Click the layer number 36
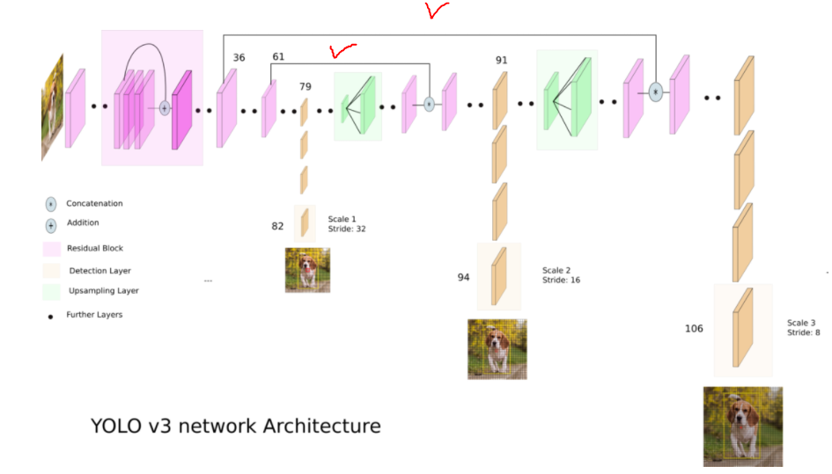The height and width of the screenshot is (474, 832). pos(239,58)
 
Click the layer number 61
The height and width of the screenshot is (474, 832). pos(278,57)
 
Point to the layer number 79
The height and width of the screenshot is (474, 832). pos(306,86)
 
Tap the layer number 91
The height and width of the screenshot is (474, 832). pos(501,60)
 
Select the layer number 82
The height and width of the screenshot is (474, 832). pos(278,226)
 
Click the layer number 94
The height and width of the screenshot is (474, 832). pos(463,277)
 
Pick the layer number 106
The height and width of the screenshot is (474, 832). pos(694,329)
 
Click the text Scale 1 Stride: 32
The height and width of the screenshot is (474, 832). pos(347,223)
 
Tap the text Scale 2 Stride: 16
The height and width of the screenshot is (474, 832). pos(561,275)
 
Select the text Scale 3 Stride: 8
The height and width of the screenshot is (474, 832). pos(803,327)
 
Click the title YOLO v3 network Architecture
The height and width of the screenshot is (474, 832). pos(236,427)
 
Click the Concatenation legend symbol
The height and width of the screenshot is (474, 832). pos(51,204)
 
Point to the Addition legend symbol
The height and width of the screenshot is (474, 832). pos(51,224)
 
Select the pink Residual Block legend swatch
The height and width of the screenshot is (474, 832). pos(51,248)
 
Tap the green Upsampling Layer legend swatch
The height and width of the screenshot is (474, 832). pos(51,290)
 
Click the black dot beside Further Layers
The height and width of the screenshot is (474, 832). pos(51,315)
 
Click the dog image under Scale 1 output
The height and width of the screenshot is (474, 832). pos(307,269)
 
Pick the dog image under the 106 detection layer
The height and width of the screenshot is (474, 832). pos(742,426)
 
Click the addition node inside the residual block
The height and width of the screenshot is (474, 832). pos(164,108)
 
